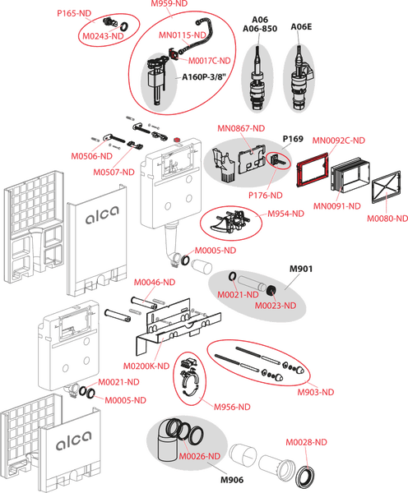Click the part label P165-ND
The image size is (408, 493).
click(74, 13)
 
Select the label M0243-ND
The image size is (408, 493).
click(103, 36)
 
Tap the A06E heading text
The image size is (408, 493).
click(301, 27)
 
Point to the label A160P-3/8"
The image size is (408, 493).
click(204, 77)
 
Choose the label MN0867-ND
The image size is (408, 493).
click(241, 128)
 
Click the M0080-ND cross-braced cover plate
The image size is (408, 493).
click(387, 187)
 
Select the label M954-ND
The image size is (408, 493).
click(286, 214)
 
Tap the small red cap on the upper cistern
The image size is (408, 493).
click(178, 140)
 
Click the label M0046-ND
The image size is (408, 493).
click(155, 283)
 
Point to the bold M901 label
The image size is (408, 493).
click(301, 269)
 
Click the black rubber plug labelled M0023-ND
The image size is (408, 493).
click(271, 290)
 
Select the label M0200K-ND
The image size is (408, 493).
click(146, 366)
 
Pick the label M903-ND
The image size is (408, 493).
click(316, 392)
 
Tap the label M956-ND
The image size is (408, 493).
click(232, 408)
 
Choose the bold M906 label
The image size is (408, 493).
click(232, 480)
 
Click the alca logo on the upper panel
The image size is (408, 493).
click(102, 215)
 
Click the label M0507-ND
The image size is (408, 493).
click(114, 173)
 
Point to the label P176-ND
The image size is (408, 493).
click(266, 196)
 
